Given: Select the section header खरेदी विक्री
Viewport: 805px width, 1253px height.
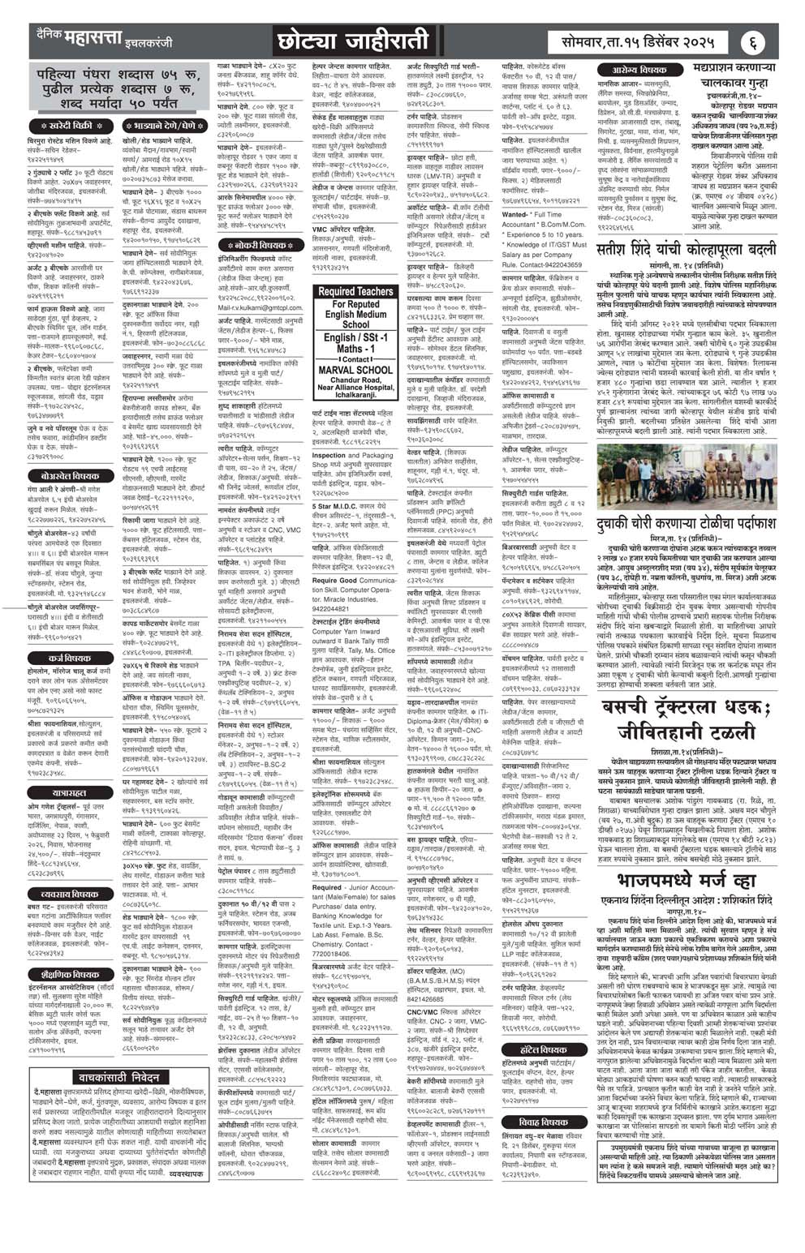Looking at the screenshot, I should [71, 126].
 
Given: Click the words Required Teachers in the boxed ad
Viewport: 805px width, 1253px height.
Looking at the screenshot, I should [355, 291].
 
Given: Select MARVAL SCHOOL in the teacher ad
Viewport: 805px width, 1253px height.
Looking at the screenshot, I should [355, 370].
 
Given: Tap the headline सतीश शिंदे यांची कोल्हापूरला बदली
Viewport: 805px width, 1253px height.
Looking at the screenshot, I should [687, 251].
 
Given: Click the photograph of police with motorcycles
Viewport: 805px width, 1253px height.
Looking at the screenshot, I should [687, 477].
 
